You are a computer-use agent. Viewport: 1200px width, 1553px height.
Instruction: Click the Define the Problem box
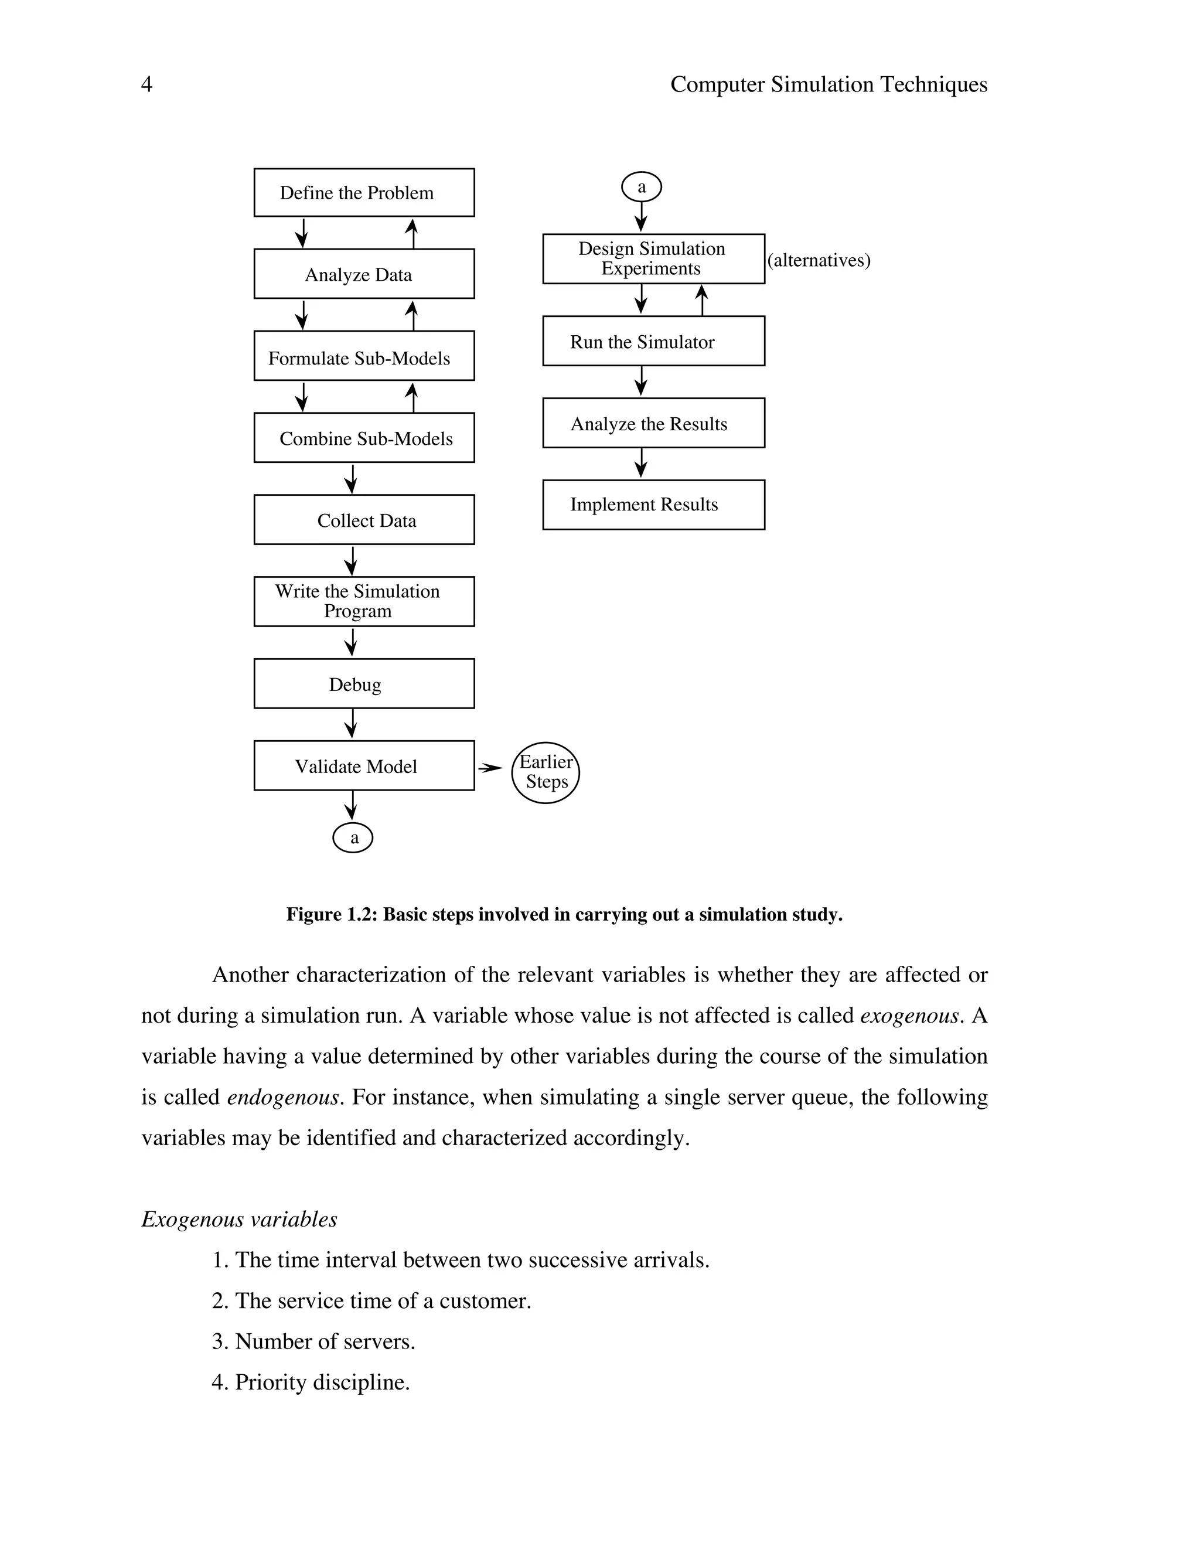pos(364,193)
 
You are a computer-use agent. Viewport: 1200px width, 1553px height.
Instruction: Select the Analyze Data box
pos(364,274)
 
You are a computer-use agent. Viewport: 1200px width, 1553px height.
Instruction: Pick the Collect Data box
pos(364,520)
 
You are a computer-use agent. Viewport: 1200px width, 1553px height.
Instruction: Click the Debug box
pos(364,683)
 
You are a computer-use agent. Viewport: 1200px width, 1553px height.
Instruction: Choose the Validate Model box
pos(364,766)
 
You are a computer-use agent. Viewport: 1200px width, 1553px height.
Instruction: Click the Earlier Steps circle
pos(546,772)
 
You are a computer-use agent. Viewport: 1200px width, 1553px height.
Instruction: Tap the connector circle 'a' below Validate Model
pos(353,837)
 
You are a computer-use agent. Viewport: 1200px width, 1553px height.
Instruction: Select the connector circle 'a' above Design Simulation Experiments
pos(641,188)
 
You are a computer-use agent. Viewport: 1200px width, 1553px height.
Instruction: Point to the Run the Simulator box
pos(653,341)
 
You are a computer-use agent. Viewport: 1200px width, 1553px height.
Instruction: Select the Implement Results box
pos(653,505)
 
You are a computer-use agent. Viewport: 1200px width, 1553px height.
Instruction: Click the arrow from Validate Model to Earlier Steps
pos(490,768)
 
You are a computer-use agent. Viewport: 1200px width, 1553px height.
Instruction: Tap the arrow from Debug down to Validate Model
pos(350,724)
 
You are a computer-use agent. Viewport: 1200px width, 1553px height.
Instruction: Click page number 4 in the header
pos(146,84)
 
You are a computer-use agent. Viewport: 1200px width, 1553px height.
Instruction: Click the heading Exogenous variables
pos(239,1220)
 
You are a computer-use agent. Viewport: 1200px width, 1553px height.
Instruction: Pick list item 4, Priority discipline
pos(311,1382)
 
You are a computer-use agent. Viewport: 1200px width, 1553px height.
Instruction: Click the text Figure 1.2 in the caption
pos(330,914)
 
